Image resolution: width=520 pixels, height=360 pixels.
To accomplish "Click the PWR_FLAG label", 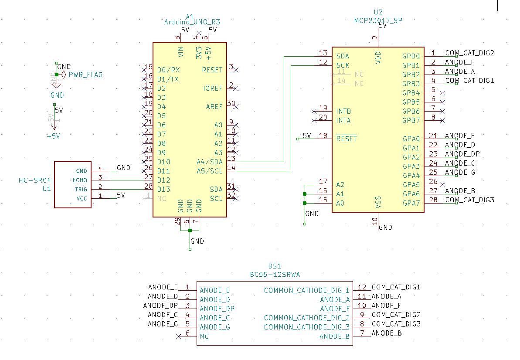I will coord(85,75).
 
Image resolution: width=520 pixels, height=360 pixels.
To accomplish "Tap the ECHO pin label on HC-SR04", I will coord(80,180).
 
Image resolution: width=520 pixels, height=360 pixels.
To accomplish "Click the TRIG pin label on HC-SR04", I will coord(81,189).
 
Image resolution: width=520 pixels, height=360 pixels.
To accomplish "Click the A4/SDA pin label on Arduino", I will coord(209,162).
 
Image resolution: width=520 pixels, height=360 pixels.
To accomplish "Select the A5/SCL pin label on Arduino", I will coord(209,171).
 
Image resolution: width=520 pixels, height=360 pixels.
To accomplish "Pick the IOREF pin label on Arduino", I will coord(213,88).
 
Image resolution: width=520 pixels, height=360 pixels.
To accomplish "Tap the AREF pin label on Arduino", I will coord(214,107).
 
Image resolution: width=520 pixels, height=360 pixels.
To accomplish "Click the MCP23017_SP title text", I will coord(378,20).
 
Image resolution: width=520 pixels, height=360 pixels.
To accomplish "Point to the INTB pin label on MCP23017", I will coord(343,111).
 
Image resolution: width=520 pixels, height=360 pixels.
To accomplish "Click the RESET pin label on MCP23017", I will coord(346,139).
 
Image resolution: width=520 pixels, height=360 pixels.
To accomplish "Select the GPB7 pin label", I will coord(411,120).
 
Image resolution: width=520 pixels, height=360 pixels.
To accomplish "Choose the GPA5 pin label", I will coord(411,184).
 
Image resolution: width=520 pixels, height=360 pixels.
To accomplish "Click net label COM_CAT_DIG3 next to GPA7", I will coord(469,200).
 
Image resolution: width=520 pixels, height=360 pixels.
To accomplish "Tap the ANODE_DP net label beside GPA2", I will coord(462,154).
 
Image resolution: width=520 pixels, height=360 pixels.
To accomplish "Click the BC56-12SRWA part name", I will coord(275,275).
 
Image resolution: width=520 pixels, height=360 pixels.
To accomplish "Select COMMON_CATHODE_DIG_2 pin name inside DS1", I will coord(306,318).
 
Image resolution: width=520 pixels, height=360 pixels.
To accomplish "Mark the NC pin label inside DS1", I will coord(204,336).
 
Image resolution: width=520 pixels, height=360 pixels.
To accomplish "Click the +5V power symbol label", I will coord(53,136).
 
